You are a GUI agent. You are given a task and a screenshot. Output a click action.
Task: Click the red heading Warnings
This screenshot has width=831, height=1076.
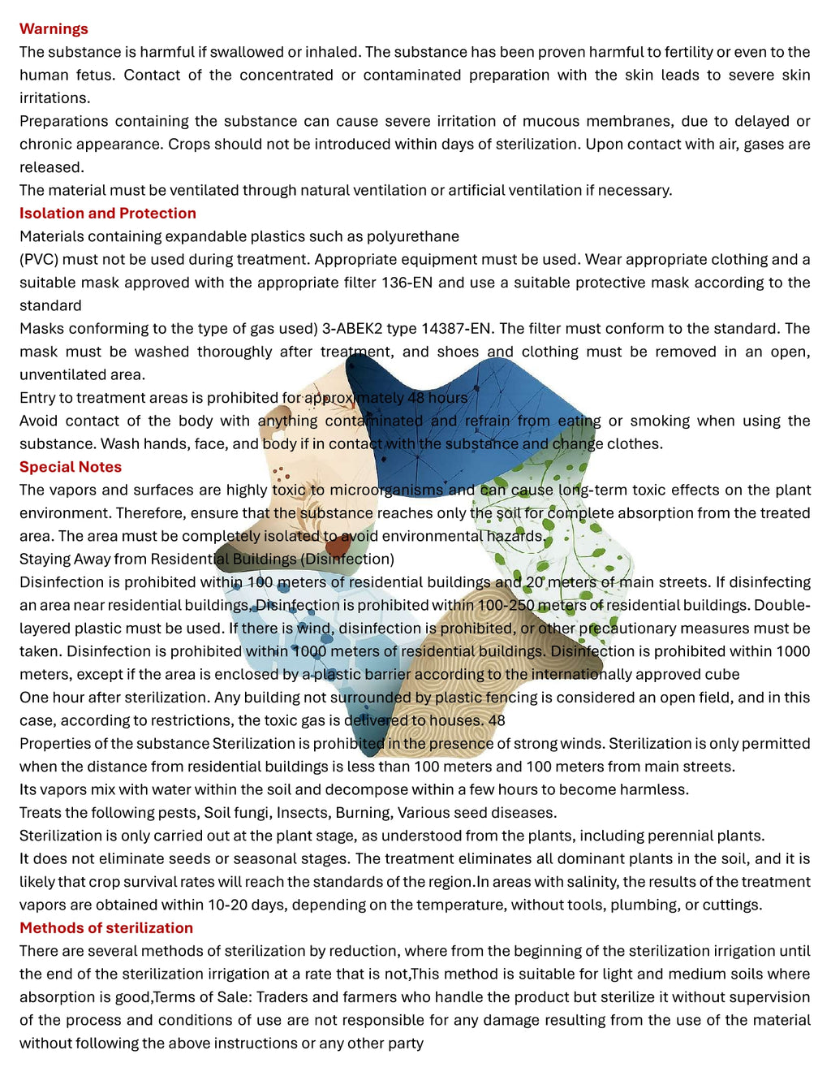coord(54,29)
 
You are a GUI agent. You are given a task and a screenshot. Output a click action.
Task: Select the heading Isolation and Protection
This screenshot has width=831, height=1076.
coord(107,214)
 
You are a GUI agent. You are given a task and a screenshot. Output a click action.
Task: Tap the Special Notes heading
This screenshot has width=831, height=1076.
coord(71,467)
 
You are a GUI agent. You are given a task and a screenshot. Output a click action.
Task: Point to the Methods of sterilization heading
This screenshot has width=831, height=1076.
coord(106,927)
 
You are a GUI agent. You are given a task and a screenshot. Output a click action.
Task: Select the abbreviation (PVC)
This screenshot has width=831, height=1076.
coord(38,260)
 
